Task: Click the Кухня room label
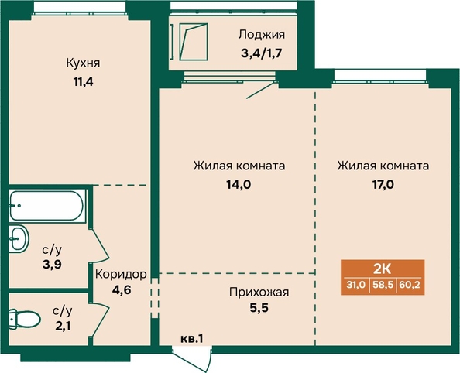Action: tap(83, 63)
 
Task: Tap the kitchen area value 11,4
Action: tap(84, 82)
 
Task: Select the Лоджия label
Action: tap(262, 35)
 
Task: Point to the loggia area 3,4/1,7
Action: tap(262, 53)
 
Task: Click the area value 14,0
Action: tap(239, 185)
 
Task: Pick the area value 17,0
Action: tap(383, 185)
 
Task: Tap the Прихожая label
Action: tap(259, 293)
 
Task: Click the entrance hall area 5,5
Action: tap(259, 308)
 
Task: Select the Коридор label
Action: tap(121, 275)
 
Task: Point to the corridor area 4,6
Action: tap(122, 290)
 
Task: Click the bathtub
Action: tap(46, 205)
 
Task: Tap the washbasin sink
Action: tap(19, 238)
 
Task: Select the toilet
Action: tap(24, 320)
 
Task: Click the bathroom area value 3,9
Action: tap(52, 265)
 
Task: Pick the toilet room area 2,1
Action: tap(63, 326)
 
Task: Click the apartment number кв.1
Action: tap(191, 339)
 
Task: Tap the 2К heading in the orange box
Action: tap(383, 269)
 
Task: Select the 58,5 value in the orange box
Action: tap(383, 285)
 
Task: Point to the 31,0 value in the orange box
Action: tap(356, 285)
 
